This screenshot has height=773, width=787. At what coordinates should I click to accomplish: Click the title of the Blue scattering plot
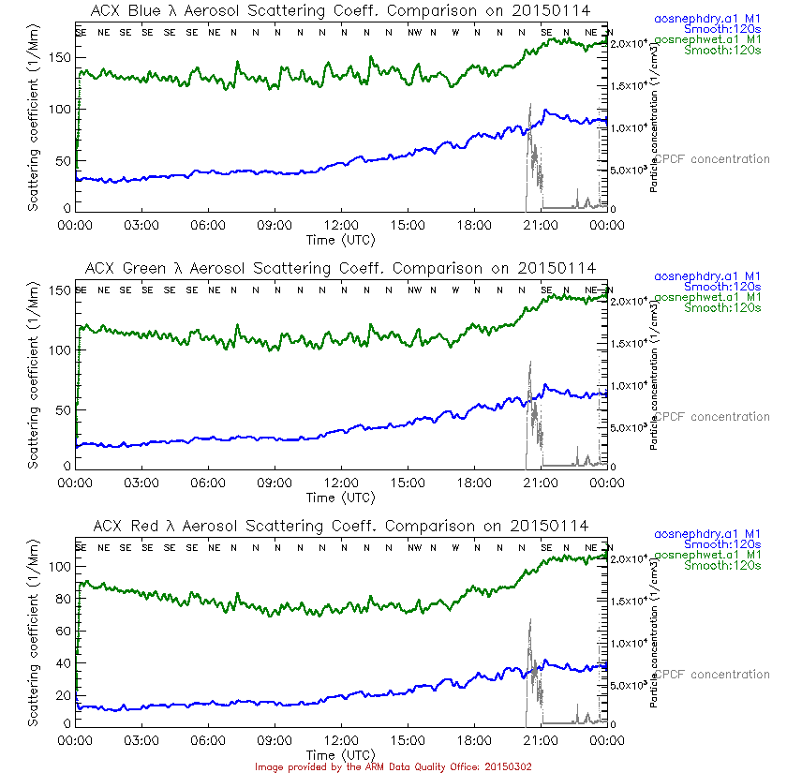(343, 10)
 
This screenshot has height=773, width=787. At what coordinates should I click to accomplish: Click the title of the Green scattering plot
(343, 268)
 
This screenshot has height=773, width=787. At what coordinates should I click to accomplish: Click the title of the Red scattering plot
(343, 526)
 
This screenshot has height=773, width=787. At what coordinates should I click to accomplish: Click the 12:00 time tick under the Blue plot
(341, 225)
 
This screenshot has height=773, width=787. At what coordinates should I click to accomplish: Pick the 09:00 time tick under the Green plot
(275, 483)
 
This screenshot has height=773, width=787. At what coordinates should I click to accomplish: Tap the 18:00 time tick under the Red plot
(474, 740)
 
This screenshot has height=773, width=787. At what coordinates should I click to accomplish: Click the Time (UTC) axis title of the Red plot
(341, 754)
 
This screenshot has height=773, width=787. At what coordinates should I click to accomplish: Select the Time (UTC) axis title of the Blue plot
(341, 239)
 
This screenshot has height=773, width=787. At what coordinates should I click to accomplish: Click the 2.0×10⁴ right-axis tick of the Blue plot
(629, 44)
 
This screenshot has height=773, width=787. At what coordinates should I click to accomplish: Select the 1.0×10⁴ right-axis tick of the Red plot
(629, 643)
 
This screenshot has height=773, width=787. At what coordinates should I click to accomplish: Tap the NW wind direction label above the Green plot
(413, 290)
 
